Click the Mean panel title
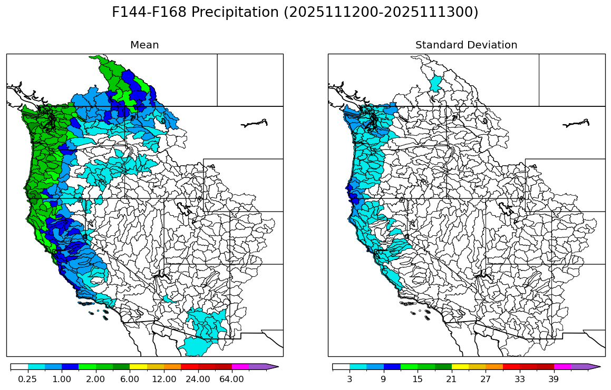click(144, 45)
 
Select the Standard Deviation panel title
click(466, 45)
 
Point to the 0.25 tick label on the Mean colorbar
click(27, 379)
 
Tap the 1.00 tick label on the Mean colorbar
click(62, 379)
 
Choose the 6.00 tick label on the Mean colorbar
click(130, 379)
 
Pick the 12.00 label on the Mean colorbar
click(164, 379)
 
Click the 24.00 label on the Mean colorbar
click(198, 379)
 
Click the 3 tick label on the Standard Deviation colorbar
click(350, 379)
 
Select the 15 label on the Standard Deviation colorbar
click(418, 379)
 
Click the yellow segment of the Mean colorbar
click(138, 367)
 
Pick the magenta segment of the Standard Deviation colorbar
click(562, 367)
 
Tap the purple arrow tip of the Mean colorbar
click(271, 367)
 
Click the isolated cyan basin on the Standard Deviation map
click(435, 84)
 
